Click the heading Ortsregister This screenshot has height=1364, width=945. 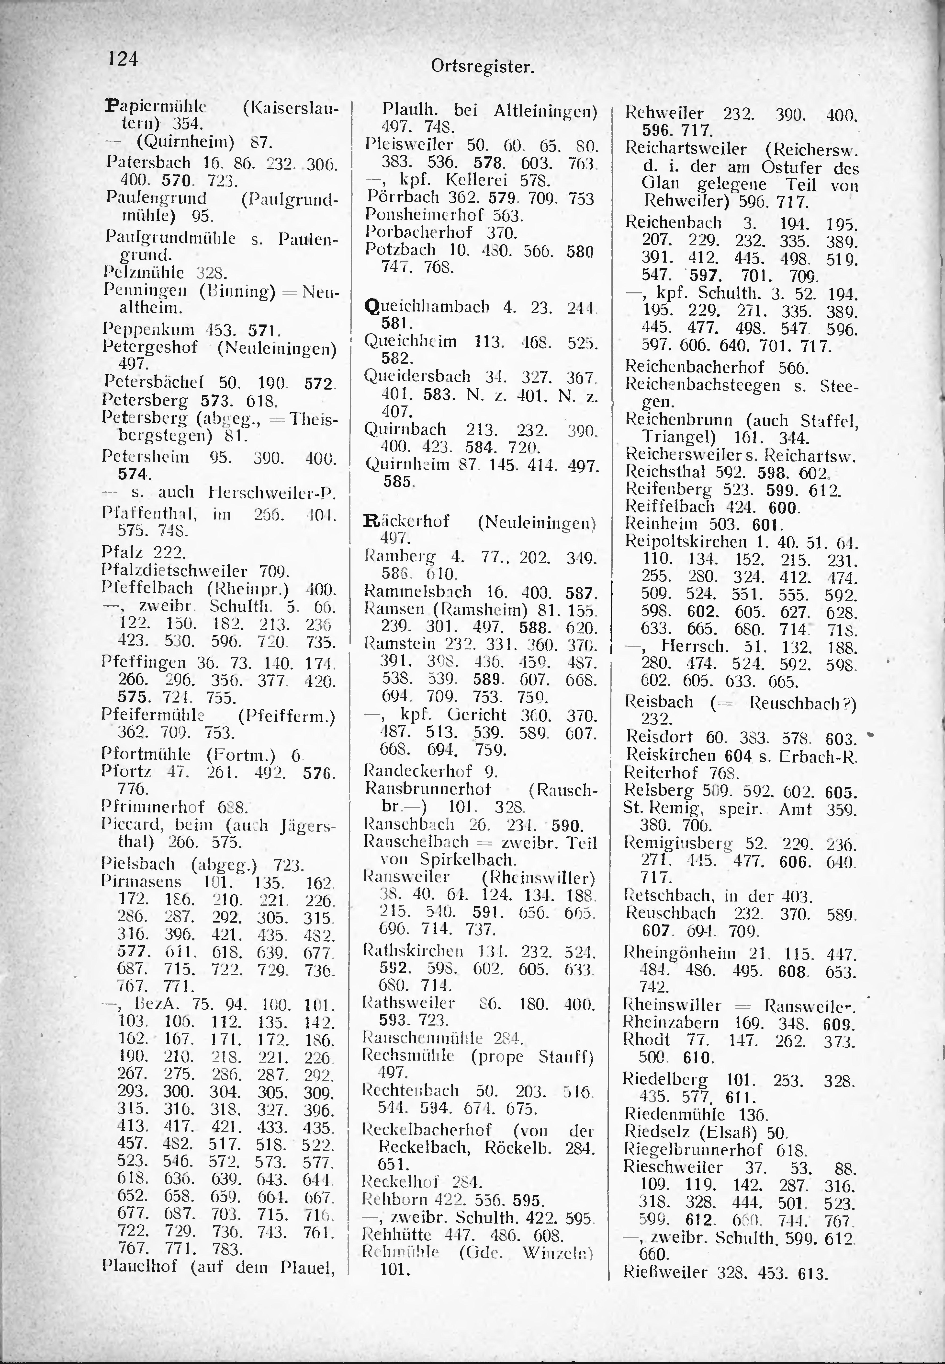click(x=483, y=67)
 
